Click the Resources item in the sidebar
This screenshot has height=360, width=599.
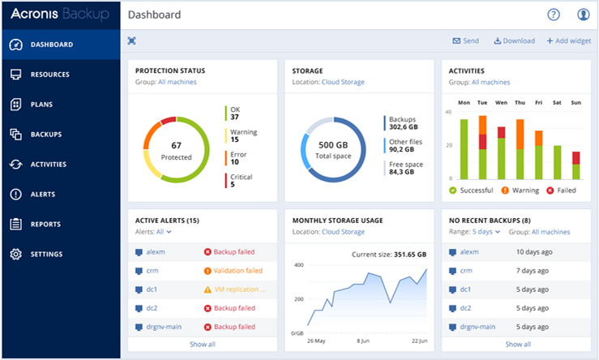click(x=49, y=75)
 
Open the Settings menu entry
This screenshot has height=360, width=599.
click(x=48, y=255)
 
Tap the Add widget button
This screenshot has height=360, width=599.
click(x=568, y=41)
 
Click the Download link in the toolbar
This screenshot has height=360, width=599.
click(x=514, y=41)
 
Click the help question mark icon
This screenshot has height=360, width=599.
click(x=554, y=15)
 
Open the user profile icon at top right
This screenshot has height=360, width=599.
click(x=584, y=15)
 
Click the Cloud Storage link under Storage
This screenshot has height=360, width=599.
click(x=343, y=82)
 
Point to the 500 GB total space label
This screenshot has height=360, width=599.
click(x=332, y=146)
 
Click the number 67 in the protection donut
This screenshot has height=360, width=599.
click(x=176, y=145)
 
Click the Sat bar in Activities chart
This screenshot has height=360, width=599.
click(x=557, y=162)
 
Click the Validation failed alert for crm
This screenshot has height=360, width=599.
click(x=238, y=271)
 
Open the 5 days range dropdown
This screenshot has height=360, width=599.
click(x=486, y=232)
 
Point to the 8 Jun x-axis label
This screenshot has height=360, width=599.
click(x=365, y=341)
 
